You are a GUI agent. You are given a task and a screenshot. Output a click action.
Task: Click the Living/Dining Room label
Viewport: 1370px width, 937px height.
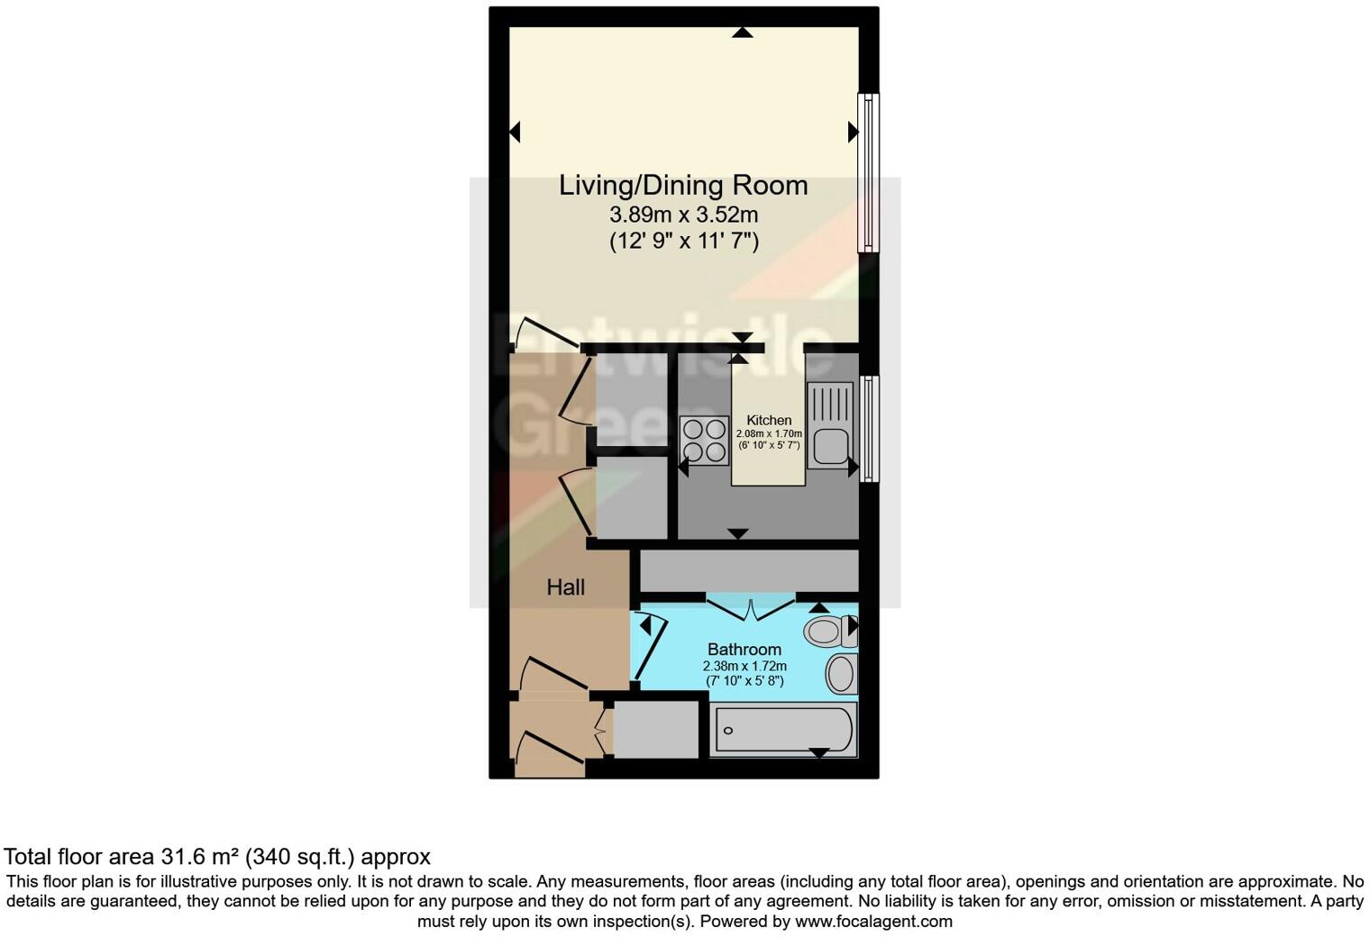(683, 186)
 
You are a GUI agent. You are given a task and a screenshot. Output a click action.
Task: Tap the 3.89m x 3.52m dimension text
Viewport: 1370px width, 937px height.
(683, 215)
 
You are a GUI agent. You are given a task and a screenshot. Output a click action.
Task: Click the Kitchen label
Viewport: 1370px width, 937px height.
(769, 420)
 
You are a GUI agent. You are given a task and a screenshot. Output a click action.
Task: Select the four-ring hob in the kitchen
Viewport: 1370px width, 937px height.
(705, 441)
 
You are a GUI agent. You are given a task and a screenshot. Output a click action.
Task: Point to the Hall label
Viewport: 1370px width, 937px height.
(566, 587)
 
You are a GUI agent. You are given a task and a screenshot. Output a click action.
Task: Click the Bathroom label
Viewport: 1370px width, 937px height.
(744, 649)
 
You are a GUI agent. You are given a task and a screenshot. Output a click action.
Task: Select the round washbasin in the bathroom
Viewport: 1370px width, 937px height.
(841, 674)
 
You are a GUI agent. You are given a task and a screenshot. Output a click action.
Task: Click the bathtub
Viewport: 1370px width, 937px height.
(782, 730)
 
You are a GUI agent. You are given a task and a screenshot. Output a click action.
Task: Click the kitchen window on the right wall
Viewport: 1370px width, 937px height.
(868, 429)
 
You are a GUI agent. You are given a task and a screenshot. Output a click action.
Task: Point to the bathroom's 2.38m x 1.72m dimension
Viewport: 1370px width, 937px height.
(744, 667)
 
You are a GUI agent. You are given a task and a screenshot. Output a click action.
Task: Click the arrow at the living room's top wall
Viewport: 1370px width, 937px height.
(742, 32)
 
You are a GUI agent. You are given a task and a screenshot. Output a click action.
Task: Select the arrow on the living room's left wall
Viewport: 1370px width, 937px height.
(515, 132)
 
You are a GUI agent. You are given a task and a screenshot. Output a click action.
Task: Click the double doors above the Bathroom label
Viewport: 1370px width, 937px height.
(750, 607)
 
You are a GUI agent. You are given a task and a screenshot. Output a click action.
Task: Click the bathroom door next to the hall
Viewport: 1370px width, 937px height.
(647, 646)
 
